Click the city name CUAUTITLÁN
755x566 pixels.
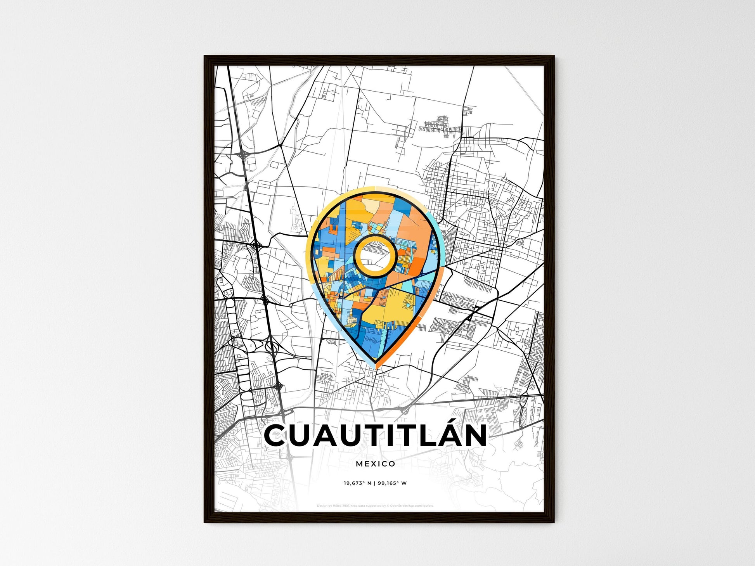(375, 436)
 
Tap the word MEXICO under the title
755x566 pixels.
(375, 464)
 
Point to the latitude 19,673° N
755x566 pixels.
(357, 483)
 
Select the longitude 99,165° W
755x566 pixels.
(392, 483)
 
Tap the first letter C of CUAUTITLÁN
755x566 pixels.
(277, 436)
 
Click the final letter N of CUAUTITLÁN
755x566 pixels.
(475, 436)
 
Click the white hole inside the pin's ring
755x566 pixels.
(374, 256)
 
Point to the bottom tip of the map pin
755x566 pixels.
(375, 365)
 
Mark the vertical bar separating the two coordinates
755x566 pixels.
(374, 483)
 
